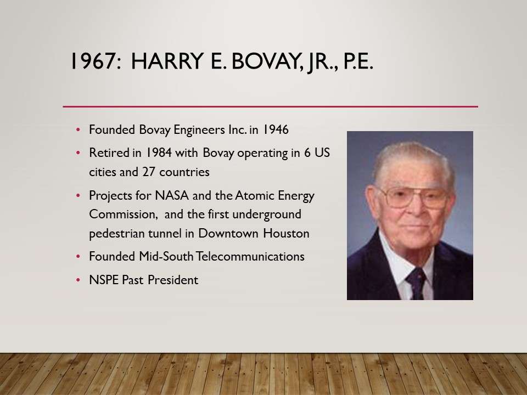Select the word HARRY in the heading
pos(167,61)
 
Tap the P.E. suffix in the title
pos(358,61)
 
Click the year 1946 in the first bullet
pos(275,129)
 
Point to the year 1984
pos(158,153)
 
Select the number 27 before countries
pos(149,172)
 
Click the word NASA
pos(172,195)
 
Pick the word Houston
pos(286,234)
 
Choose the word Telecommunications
pos(250,257)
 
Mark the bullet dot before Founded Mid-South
pos(79,257)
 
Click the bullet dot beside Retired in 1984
pos(79,153)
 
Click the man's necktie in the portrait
pos(416,283)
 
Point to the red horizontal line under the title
pos(270,107)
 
